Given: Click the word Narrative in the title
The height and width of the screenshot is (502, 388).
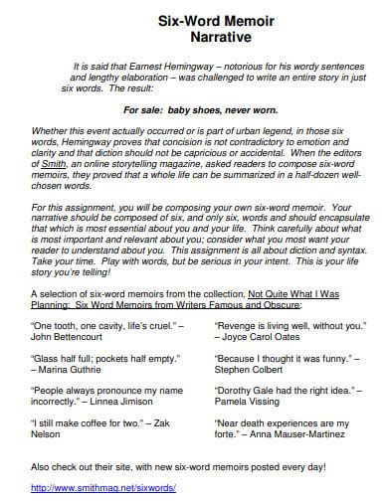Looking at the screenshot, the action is click(x=195, y=37).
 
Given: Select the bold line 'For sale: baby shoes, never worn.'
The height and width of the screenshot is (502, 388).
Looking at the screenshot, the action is click(x=193, y=111).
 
